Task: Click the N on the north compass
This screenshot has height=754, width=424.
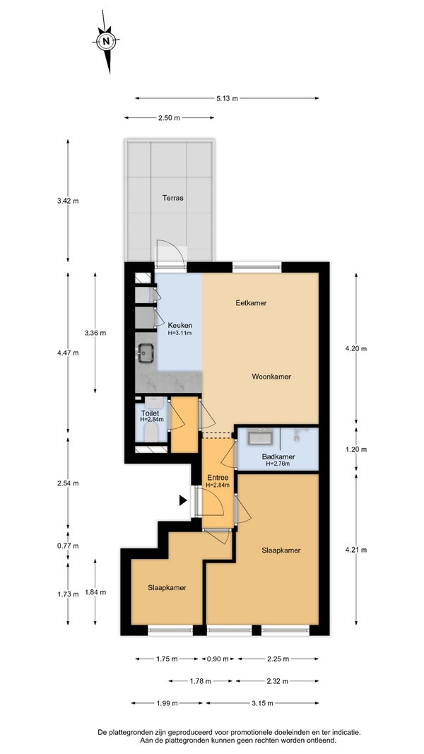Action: click(106, 42)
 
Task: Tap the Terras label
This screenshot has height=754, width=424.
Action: click(172, 198)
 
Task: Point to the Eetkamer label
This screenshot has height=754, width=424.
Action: click(251, 303)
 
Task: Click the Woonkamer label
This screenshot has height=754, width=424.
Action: click(271, 377)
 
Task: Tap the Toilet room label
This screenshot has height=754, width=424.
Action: click(149, 413)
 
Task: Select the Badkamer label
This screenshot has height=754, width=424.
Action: click(278, 456)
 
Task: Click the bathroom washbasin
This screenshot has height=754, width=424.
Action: click(261, 437)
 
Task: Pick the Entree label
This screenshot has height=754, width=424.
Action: click(217, 478)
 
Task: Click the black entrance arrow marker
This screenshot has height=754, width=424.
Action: click(183, 500)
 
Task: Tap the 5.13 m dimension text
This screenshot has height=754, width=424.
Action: click(227, 98)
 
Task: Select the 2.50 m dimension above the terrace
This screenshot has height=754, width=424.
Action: click(169, 118)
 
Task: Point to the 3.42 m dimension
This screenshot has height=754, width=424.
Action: click(68, 201)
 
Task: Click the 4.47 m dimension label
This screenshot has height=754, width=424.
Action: click(68, 353)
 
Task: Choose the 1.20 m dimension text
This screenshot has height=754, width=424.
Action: click(355, 449)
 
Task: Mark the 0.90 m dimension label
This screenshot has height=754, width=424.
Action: click(217, 659)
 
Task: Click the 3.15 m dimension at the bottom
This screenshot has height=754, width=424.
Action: click(262, 703)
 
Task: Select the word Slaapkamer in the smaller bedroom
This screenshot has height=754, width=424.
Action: click(167, 588)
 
